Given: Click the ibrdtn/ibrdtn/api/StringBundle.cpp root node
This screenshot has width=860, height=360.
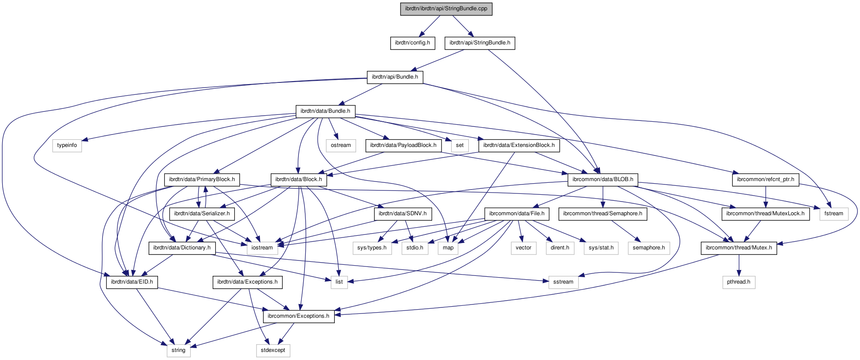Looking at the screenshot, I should (x=446, y=9).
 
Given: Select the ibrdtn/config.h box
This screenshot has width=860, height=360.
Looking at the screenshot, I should (x=412, y=43).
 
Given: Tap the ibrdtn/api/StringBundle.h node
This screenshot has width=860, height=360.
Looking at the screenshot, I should (x=480, y=43).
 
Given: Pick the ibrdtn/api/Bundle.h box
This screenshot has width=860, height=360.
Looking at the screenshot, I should (x=395, y=77).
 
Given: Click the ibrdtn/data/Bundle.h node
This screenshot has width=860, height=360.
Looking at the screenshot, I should (x=325, y=111).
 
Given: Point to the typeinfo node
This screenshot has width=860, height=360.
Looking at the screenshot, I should (x=67, y=145).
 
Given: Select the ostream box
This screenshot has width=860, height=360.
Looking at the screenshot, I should (x=341, y=145).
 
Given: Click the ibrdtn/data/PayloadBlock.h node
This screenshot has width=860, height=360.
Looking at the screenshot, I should (x=403, y=145).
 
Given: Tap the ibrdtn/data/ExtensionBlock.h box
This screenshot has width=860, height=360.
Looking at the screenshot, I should (x=519, y=145).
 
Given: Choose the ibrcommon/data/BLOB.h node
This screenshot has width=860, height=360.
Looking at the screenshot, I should (x=603, y=179).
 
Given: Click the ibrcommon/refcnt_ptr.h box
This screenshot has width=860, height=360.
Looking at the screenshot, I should (x=766, y=179).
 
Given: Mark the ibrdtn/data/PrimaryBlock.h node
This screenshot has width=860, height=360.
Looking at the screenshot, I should (x=202, y=179).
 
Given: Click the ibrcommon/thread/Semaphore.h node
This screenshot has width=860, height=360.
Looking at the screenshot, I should (x=603, y=214).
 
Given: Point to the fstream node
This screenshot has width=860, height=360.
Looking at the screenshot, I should (x=834, y=214).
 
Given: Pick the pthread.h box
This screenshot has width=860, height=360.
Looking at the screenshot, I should (x=739, y=282).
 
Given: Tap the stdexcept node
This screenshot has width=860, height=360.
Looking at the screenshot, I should (x=273, y=350).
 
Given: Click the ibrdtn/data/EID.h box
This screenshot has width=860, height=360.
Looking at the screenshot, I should (x=132, y=282).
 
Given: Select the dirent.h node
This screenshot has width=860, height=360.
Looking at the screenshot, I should (x=559, y=248).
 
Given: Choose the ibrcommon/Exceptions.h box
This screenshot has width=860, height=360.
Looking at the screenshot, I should (x=299, y=316).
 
